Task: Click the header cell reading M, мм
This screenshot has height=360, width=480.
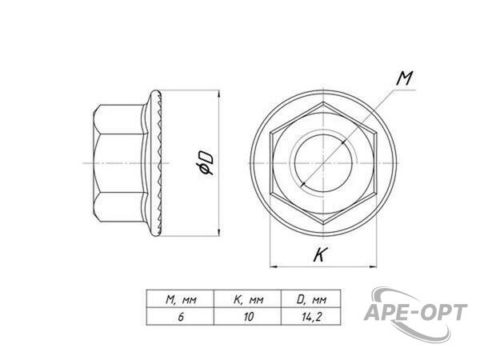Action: click(x=180, y=298)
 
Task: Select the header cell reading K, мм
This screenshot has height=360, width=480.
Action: click(x=247, y=298)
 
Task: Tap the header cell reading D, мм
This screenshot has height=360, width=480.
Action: click(x=310, y=298)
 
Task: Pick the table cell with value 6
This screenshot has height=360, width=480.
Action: click(x=180, y=316)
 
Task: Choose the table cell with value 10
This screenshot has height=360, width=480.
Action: click(x=247, y=316)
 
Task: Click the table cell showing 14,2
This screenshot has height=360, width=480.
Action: click(x=310, y=316)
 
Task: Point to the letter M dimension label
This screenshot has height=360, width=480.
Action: click(x=404, y=78)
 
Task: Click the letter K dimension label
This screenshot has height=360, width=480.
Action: click(x=320, y=254)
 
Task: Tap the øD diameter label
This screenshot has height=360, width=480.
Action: click(x=205, y=163)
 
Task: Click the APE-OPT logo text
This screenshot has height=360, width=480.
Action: click(x=415, y=312)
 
